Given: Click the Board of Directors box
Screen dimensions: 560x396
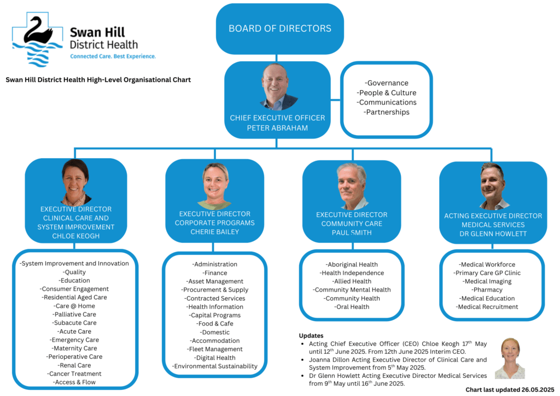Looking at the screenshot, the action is pyautogui.click(x=279, y=29).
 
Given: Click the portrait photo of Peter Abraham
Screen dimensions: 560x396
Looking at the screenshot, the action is pyautogui.click(x=277, y=87).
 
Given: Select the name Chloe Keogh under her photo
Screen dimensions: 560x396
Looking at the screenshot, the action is pyautogui.click(x=75, y=236).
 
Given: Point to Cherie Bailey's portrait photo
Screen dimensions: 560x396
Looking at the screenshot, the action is pyautogui.click(x=215, y=186).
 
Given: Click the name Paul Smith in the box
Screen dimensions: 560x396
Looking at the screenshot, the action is pyautogui.click(x=352, y=232).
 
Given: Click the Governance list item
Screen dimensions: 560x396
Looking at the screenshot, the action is pyautogui.click(x=387, y=83).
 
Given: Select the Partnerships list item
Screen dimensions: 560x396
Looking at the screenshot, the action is pyautogui.click(x=387, y=112).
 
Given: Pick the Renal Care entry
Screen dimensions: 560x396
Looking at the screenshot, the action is pyautogui.click(x=74, y=365).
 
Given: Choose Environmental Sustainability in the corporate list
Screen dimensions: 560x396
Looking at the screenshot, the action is pyautogui.click(x=214, y=366).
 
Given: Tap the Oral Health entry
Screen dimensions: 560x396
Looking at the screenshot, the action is pyautogui.click(x=352, y=307).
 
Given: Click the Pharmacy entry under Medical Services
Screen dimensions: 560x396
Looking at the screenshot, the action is pyautogui.click(x=487, y=290).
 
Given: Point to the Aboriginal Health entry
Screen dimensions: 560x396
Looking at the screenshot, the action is pyautogui.click(x=352, y=265).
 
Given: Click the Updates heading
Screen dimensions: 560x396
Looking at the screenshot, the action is pyautogui.click(x=311, y=336).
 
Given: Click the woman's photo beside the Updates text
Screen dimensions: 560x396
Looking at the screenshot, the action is pyautogui.click(x=510, y=358).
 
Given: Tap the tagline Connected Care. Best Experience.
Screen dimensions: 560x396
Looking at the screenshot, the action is pyautogui.click(x=113, y=56).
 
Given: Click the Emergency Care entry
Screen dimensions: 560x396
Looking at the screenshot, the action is pyautogui.click(x=74, y=340).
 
